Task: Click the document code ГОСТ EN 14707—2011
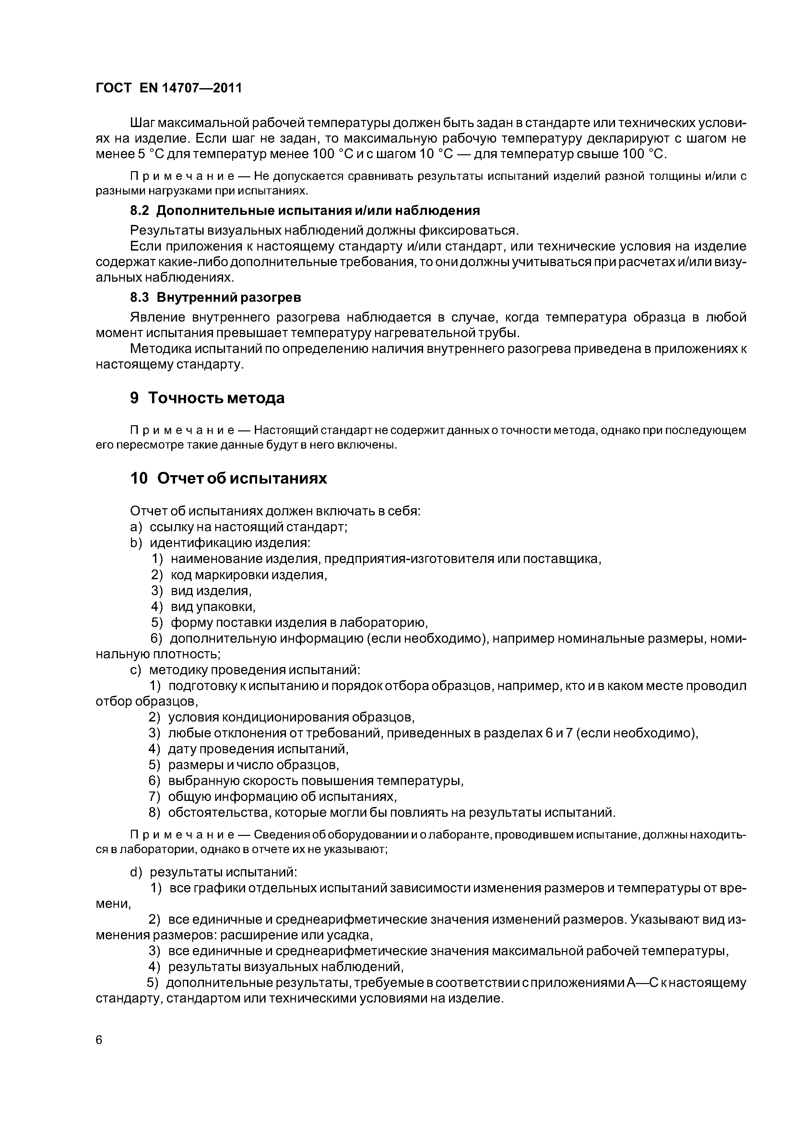click(169, 88)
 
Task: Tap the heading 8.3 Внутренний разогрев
click(216, 297)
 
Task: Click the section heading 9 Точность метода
click(207, 398)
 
